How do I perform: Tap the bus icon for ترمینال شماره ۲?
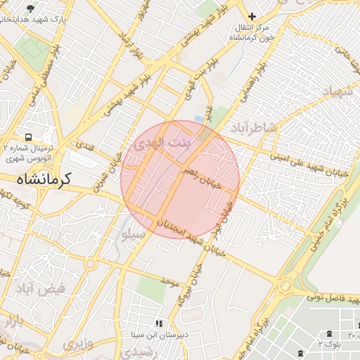[28, 137]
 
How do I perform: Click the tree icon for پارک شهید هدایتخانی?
[31, 8]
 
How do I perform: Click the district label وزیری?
[78, 344]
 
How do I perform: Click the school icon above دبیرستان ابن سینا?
[159, 323]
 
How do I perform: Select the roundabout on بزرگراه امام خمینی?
[285, 286]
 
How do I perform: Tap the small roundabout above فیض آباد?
[91, 264]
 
